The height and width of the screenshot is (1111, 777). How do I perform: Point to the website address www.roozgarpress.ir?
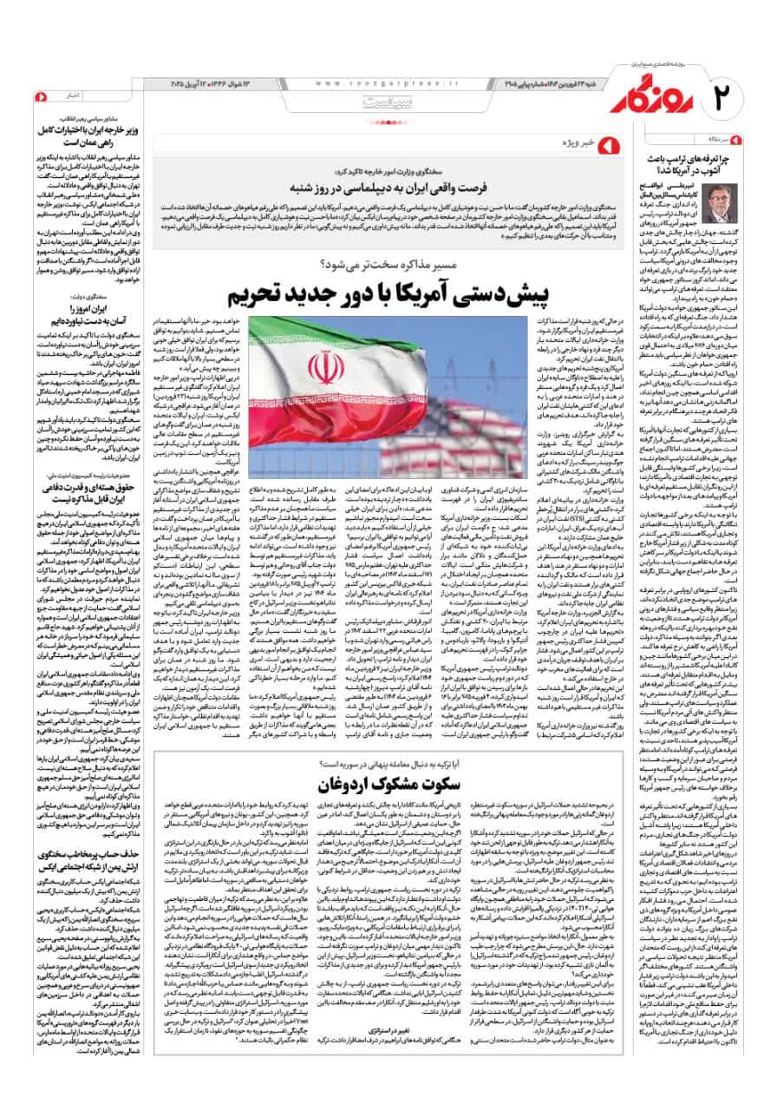point(381,82)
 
